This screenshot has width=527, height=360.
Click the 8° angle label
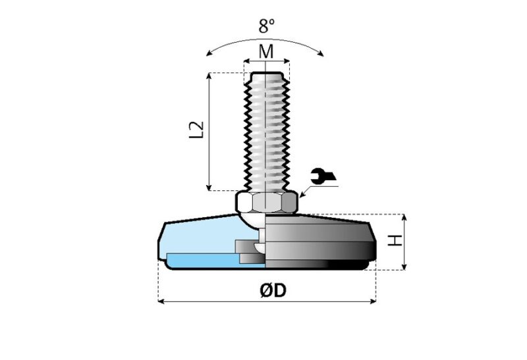(x=265, y=27)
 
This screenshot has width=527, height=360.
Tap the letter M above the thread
(x=265, y=52)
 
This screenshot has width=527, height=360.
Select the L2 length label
(x=196, y=130)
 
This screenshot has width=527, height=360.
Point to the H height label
(x=394, y=242)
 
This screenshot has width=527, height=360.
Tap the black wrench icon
(x=323, y=176)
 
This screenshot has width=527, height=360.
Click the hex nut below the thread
(x=265, y=202)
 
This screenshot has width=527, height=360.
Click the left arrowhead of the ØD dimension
(x=161, y=301)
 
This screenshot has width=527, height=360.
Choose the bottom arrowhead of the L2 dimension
(x=210, y=187)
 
